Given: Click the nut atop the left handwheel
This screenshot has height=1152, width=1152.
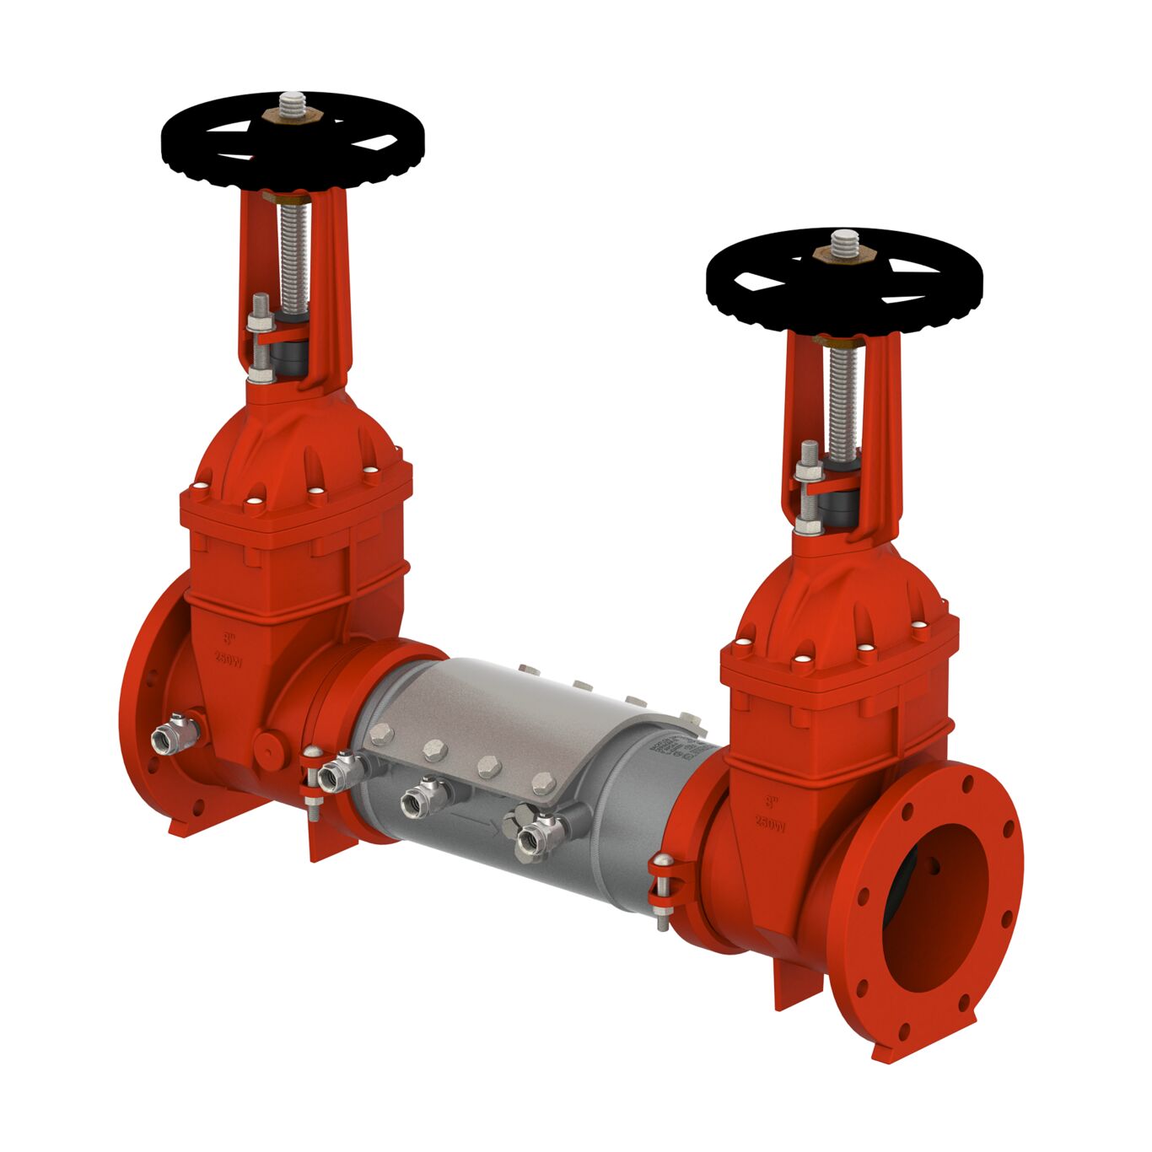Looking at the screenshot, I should pyautogui.click(x=293, y=112).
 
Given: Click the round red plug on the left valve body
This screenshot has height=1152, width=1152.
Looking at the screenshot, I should pyautogui.click(x=269, y=746).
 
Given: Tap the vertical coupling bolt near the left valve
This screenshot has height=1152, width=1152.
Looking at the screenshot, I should pyautogui.click(x=312, y=780).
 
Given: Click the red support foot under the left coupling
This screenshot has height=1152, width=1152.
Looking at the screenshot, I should pyautogui.click(x=331, y=843).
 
